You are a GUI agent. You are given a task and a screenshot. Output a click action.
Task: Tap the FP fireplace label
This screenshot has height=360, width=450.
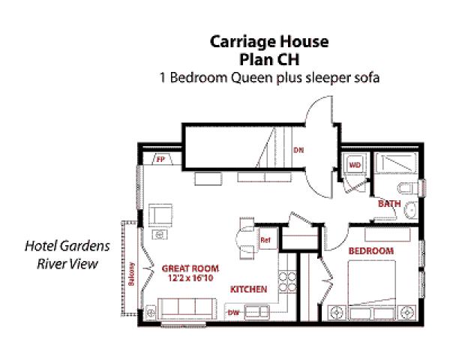click(x=160, y=159)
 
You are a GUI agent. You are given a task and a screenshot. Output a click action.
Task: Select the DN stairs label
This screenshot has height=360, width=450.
click(x=298, y=149)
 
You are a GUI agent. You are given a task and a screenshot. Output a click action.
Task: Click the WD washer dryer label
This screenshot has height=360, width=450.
click(x=355, y=163)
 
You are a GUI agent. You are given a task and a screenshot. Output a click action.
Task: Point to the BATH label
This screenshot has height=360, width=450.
click(x=388, y=203)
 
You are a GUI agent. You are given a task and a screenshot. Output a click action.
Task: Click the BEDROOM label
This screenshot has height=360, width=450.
click(x=372, y=250)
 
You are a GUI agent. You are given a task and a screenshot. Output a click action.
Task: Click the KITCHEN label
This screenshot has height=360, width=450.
click(x=248, y=289)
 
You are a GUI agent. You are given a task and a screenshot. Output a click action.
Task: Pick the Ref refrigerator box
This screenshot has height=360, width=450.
click(x=265, y=241)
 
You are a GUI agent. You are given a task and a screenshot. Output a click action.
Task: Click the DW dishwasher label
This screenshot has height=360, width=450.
click(x=233, y=312)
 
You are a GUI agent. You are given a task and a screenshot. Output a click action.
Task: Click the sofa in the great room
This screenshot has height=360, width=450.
click(x=185, y=307)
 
